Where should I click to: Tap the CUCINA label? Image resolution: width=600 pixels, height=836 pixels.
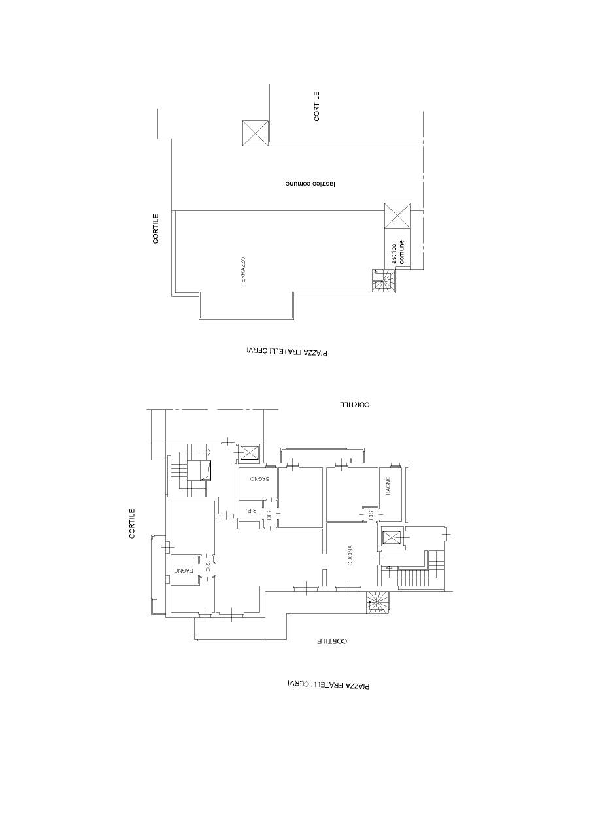click(350, 556)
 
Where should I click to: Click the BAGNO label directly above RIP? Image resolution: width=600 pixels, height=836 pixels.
click(259, 479)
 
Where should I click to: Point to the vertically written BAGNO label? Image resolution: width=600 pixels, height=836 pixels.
click(388, 485)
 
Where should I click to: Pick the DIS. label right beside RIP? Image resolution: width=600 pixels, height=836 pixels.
click(269, 516)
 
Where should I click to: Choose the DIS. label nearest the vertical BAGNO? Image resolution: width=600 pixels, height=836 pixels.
click(371, 516)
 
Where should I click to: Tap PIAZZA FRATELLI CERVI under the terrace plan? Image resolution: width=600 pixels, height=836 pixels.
click(286, 351)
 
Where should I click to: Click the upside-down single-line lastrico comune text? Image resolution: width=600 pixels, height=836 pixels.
click(310, 184)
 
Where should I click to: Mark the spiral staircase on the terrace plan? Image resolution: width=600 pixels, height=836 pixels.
click(383, 280)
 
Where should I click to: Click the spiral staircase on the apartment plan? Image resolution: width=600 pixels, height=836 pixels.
click(377, 602)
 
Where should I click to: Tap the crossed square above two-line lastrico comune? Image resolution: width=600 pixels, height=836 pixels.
click(397, 215)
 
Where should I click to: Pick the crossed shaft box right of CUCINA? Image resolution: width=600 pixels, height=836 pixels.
click(391, 537)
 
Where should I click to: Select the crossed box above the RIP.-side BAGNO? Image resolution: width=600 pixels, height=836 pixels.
click(249, 454)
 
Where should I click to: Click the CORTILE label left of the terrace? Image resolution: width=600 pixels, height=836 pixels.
click(156, 228)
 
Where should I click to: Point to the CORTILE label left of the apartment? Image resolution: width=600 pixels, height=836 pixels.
click(132, 524)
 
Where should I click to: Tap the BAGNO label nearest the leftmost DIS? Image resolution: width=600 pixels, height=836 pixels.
click(184, 570)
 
